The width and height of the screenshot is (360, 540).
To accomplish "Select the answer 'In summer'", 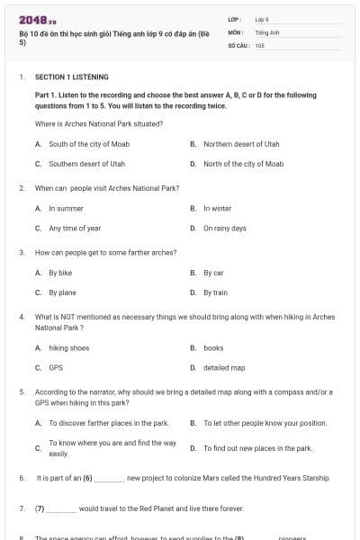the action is point(66,208).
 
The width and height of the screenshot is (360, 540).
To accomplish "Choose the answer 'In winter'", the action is point(217,208).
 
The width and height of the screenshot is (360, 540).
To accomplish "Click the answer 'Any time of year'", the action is point(75,228).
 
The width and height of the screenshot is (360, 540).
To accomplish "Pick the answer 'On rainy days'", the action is point(224,228).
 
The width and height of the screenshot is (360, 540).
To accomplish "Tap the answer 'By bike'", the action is point(60,272).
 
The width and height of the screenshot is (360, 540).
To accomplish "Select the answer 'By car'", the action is point(213,272).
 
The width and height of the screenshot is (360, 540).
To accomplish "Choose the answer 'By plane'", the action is point(62,292).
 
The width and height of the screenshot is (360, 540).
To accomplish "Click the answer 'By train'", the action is point(215,292).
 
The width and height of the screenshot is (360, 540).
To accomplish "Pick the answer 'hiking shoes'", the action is point(68,347).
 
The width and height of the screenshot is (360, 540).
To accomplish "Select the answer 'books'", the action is point(213,347).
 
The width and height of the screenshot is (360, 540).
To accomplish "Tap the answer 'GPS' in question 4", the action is point(56,367).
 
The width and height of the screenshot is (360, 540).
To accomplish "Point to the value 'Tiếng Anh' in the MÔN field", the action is point(265,31).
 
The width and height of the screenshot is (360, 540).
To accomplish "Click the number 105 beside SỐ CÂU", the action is point(259,45).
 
